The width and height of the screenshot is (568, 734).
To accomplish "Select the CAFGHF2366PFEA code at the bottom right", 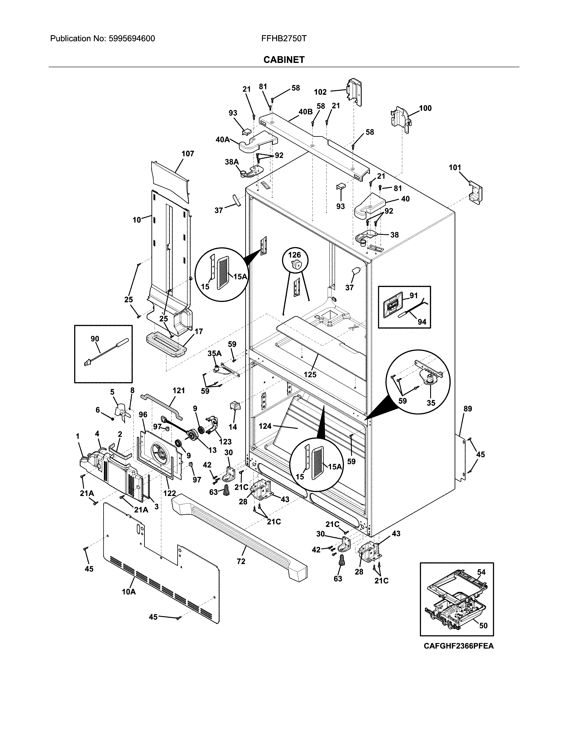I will tap(458, 655).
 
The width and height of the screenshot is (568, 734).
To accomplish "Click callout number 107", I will tap(188, 154).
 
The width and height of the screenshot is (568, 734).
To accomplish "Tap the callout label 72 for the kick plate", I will tap(241, 561).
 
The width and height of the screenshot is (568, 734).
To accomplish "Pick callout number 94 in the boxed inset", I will tap(422, 322).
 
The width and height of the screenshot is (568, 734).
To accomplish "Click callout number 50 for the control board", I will tap(483, 625).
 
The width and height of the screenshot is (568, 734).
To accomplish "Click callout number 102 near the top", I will tap(320, 92).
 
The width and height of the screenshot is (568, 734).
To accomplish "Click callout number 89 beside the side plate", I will tap(468, 409).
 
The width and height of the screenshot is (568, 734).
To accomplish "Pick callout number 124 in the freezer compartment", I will tap(265, 426).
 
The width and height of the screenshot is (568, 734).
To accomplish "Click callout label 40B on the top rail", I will tap(305, 112).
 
